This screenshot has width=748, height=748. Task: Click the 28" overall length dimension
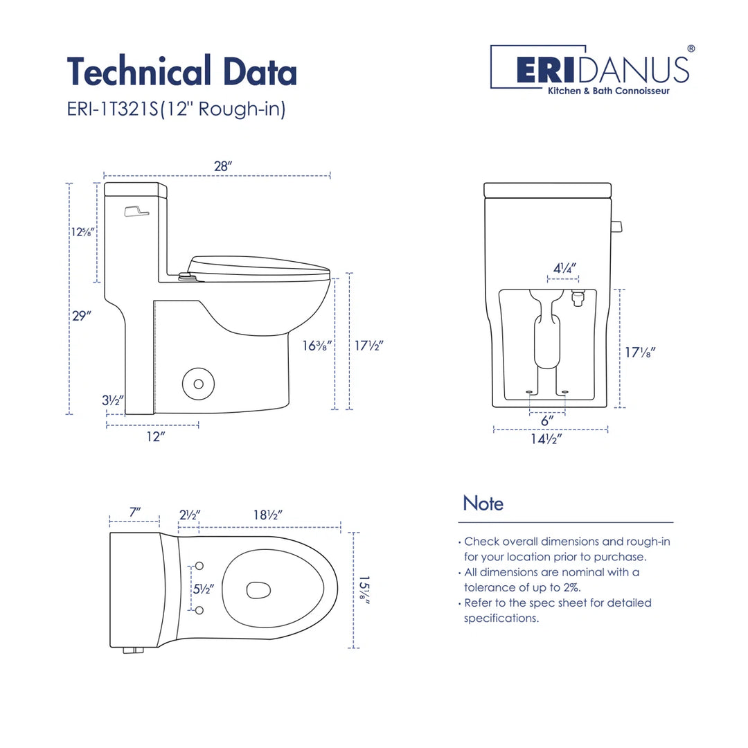[x=222, y=166]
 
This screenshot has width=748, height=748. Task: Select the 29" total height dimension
[x=82, y=315]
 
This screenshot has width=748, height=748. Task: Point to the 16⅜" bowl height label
[x=318, y=344]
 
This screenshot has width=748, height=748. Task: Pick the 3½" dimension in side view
[x=113, y=400]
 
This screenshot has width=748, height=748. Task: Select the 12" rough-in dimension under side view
[x=155, y=436]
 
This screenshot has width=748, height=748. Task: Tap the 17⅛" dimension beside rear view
[x=640, y=352]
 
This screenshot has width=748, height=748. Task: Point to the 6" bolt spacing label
[x=547, y=420]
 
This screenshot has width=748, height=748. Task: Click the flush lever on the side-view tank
[x=136, y=211]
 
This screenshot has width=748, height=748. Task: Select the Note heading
[x=483, y=503]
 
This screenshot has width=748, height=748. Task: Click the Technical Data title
[x=181, y=72]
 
